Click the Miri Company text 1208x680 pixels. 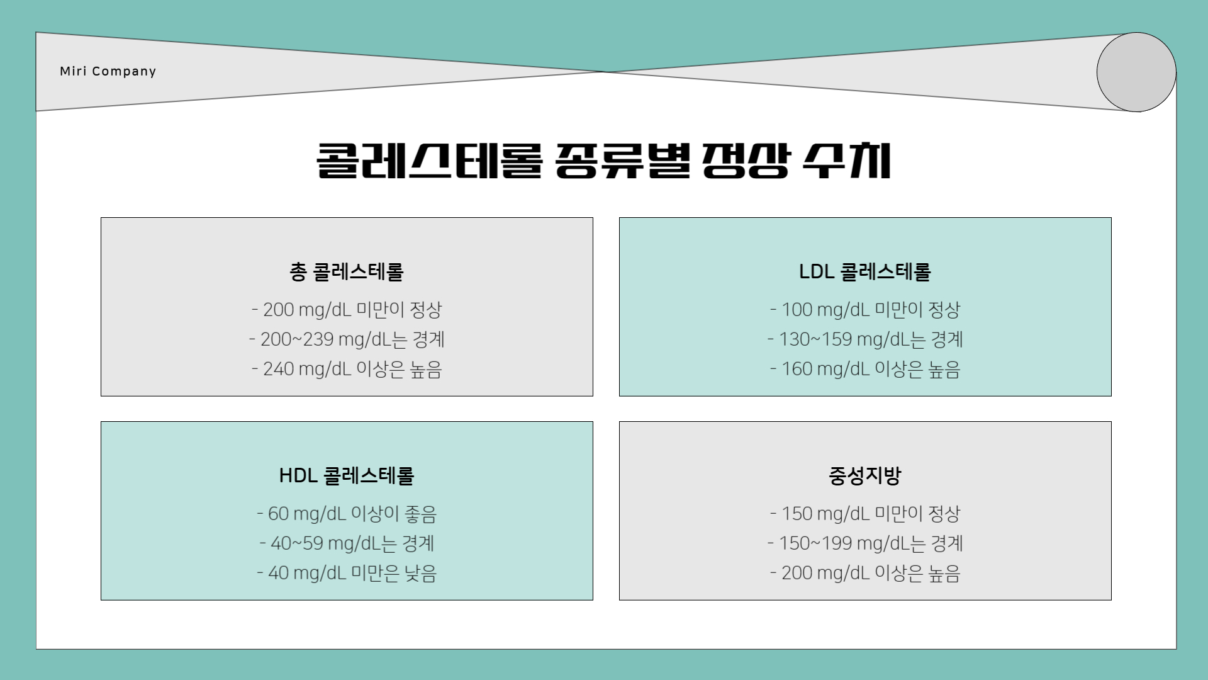[108, 71]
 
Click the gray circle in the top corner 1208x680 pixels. [1136, 72]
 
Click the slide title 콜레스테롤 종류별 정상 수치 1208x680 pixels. [603, 161]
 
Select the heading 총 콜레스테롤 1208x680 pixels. [347, 271]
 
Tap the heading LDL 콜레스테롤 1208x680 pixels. [865, 271]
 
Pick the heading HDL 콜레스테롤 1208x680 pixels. [347, 475]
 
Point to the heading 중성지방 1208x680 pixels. [865, 475]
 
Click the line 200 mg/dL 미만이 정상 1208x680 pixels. [347, 310]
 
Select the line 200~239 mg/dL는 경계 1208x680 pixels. [347, 339]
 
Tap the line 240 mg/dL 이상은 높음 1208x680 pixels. [347, 369]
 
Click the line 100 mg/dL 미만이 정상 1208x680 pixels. [865, 310]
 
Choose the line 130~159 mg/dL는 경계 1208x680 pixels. [865, 339]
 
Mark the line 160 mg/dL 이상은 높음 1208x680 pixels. [865, 369]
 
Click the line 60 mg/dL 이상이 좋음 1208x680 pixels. [347, 514]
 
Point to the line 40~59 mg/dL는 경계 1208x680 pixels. [347, 543]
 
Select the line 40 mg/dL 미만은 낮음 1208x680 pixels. [347, 573]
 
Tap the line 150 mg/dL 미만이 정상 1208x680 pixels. [865, 514]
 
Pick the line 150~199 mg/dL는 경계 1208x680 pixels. [865, 543]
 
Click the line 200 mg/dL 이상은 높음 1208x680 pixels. [865, 573]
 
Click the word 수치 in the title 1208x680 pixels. [847, 161]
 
